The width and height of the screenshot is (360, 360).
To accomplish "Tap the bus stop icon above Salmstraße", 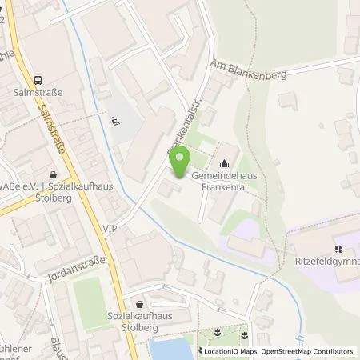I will tap(38, 79).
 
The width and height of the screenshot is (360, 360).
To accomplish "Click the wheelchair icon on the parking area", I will tap(114, 122).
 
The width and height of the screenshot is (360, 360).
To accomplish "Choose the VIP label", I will tap(110, 228).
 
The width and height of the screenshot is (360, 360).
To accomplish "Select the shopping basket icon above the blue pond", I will tap(142, 304).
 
